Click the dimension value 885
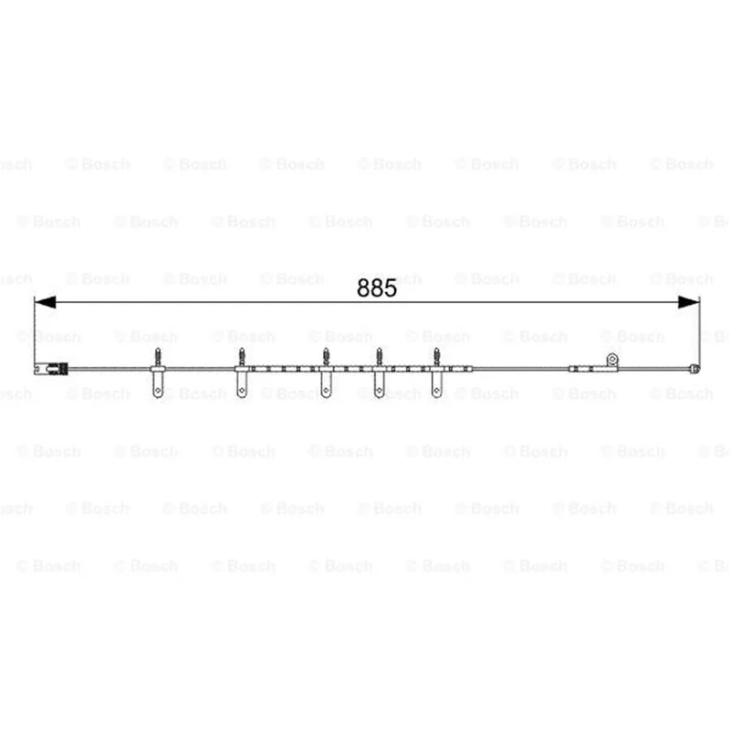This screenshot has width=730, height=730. [x=377, y=288]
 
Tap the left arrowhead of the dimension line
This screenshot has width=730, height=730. [x=45, y=302]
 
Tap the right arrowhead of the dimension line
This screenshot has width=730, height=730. [x=689, y=302]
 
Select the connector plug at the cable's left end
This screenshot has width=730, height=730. [x=51, y=369]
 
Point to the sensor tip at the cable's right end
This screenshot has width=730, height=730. [x=695, y=369]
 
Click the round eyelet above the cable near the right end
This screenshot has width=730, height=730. [x=611, y=359]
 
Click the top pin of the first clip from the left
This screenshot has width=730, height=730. [x=158, y=357]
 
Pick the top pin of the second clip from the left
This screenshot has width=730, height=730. [x=242, y=357]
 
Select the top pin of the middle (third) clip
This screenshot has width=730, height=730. [x=326, y=357]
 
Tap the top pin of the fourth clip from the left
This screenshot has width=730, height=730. [x=380, y=357]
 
